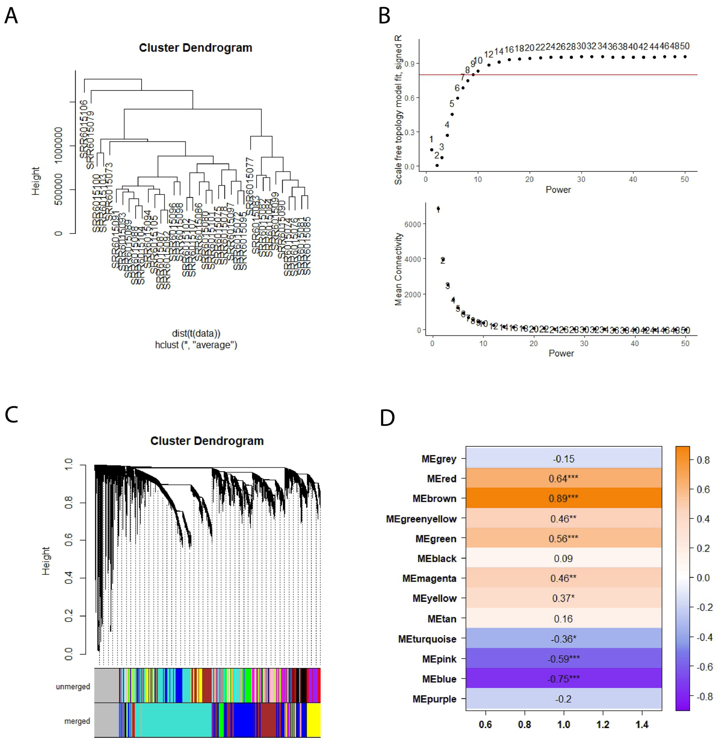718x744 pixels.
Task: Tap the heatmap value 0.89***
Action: click(x=563, y=498)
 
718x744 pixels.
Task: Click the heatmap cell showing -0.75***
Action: click(x=563, y=679)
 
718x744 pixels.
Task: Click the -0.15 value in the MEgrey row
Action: click(x=563, y=459)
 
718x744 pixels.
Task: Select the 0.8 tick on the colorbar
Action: click(x=703, y=460)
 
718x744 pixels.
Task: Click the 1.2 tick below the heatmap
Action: click(x=603, y=725)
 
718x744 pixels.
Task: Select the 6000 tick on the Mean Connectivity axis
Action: click(x=413, y=224)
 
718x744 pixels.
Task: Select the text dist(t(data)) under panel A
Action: click(x=196, y=333)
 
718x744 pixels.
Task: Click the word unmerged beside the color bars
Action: click(x=73, y=686)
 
